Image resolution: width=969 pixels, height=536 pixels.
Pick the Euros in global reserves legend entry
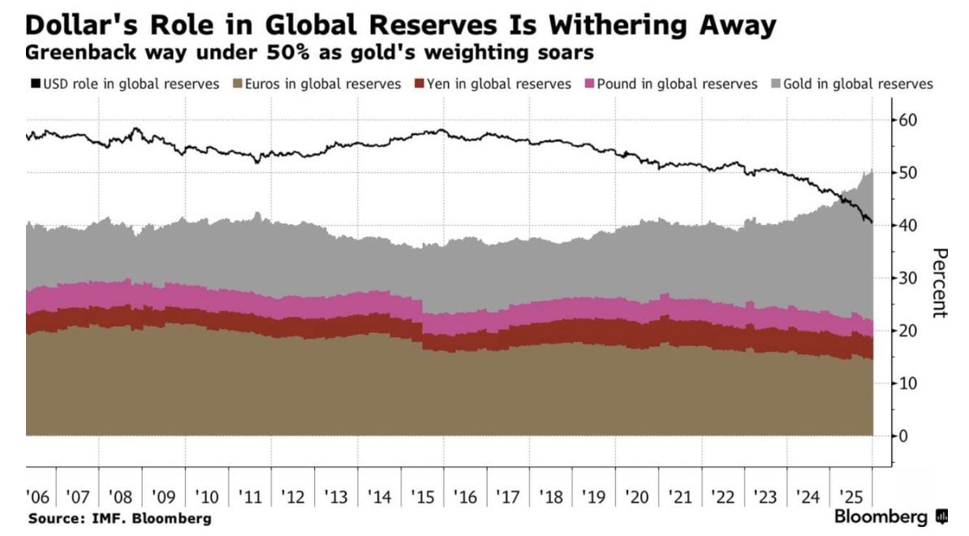317,84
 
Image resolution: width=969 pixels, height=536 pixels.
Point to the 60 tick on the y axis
909,120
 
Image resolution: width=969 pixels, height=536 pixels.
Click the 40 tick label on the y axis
909,225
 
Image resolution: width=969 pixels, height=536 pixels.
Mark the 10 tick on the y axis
909,383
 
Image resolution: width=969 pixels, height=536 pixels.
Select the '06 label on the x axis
37,496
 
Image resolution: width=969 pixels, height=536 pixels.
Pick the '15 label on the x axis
422,496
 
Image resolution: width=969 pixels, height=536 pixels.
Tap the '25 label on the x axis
850,496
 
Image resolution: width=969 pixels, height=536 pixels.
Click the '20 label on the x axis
635,496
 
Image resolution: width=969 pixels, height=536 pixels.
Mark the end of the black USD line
872,222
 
